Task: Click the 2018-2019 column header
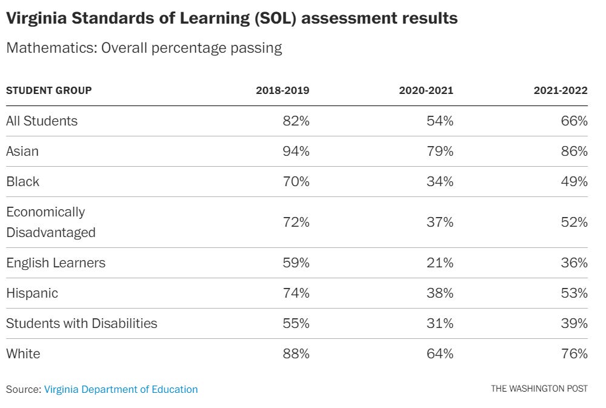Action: pos(282,90)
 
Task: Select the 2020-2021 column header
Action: pos(426,90)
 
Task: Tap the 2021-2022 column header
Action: pos(561,90)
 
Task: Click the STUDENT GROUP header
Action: pos(49,90)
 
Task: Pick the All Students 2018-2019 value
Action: pos(296,121)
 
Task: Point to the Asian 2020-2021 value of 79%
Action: pos(440,151)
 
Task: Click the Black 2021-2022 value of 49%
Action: pos(574,181)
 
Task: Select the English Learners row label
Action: pos(56,263)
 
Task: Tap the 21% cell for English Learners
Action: pos(440,263)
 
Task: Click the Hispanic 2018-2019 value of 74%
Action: pos(296,293)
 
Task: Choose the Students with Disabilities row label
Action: pos(82,323)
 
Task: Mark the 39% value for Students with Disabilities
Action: pos(574,323)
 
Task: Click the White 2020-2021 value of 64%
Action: pos(440,353)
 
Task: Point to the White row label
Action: pos(23,353)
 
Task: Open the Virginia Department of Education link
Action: pos(121,389)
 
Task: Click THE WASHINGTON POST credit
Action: pos(539,389)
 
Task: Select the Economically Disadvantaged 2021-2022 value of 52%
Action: pos(574,222)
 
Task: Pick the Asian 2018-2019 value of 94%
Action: pos(296,151)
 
